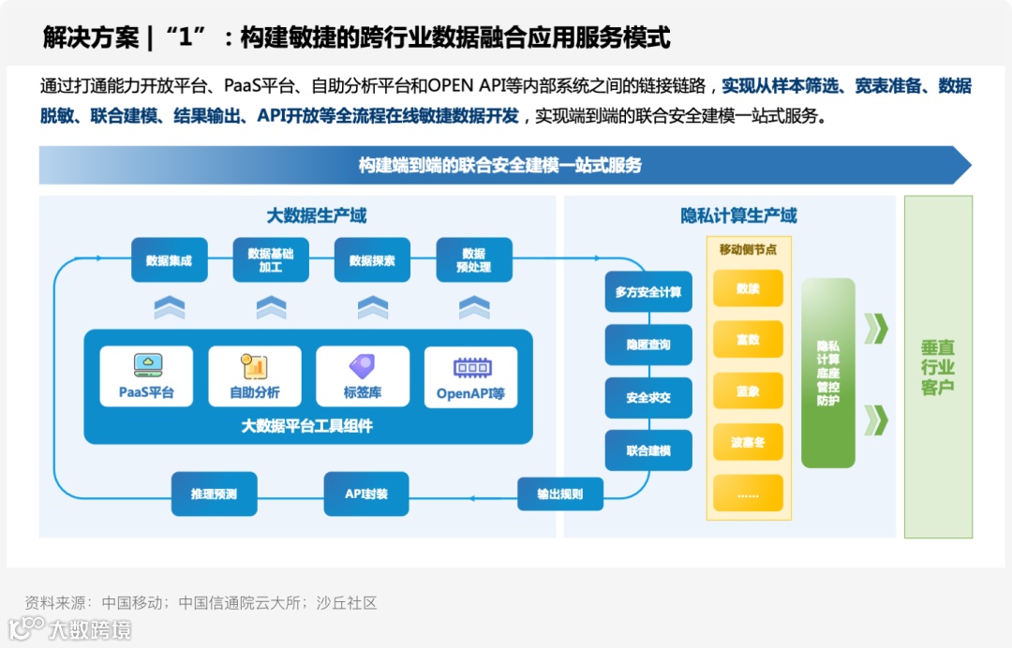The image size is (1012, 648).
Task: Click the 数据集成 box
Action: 169,260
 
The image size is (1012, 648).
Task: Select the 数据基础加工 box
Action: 271,260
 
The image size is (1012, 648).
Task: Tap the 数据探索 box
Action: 372,260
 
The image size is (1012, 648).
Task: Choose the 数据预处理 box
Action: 474,260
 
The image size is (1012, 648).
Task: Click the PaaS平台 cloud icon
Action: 146,364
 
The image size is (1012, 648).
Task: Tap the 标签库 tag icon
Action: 362,365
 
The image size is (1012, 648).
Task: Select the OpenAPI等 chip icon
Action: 470,366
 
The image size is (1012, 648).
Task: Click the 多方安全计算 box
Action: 648,292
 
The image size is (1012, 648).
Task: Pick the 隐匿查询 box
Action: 648,345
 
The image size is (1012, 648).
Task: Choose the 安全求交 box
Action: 648,398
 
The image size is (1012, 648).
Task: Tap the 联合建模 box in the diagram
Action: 648,450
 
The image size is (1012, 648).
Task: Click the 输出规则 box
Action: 560,493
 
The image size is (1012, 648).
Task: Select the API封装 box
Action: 366,493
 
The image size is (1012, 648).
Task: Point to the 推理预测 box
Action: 214,493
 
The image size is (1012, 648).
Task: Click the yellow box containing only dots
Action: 748,493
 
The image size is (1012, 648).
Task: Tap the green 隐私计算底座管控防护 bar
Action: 828,373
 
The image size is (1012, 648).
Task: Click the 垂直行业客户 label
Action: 938,367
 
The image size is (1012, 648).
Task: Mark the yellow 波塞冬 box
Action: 748,442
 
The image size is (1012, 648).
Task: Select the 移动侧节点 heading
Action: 748,249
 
